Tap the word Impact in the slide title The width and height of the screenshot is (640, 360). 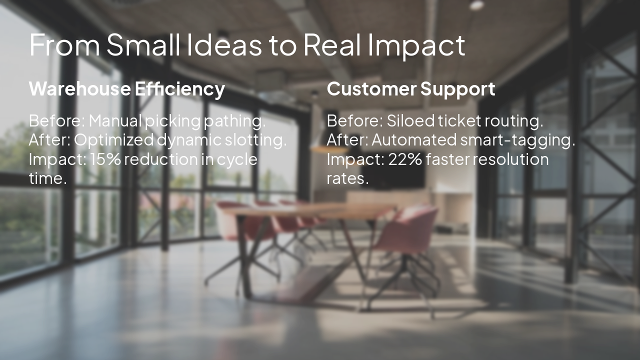[416, 45]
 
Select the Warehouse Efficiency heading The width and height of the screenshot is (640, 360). [127, 89]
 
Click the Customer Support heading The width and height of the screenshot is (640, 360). [411, 89]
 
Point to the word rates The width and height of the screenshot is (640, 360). [347, 178]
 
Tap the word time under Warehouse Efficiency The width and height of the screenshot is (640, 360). [47, 178]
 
